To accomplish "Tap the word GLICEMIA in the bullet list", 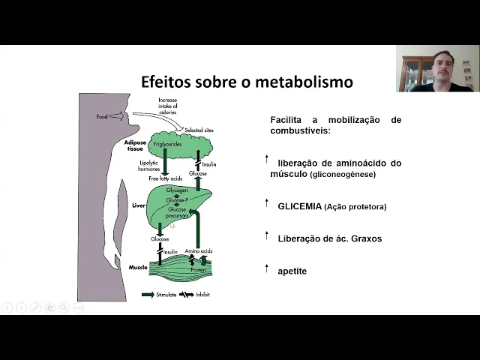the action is [x=299, y=206].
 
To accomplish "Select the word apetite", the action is [x=292, y=271].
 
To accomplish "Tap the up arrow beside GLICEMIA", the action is [x=266, y=202].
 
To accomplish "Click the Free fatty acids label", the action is [x=165, y=178].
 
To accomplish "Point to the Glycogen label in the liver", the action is [x=177, y=191].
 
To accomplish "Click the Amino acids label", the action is [x=199, y=251].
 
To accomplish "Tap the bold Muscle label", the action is [x=138, y=267].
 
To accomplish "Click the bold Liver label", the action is [x=138, y=204].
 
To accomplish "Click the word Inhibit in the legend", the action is [x=202, y=295].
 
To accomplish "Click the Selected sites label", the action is [x=199, y=130].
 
